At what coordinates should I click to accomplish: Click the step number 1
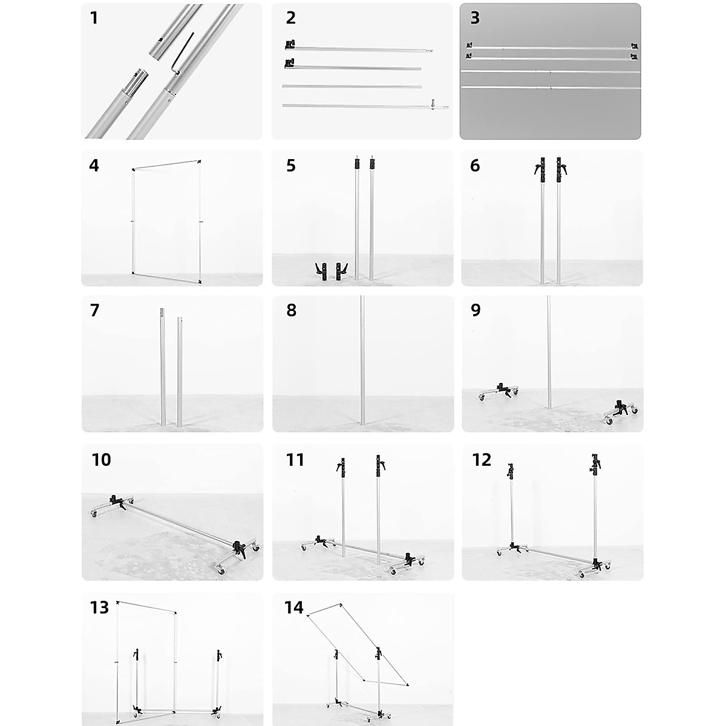(94, 18)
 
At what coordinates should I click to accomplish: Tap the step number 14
(293, 607)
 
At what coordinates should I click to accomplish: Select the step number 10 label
(101, 460)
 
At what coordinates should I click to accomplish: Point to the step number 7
(94, 310)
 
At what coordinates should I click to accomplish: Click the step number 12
(482, 460)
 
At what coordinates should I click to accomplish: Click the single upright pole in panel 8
(362, 363)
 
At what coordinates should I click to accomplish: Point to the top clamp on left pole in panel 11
(341, 466)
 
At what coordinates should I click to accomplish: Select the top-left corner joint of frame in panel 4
(133, 170)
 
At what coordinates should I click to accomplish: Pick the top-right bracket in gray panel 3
(633, 46)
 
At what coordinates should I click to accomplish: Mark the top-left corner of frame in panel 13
(117, 603)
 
